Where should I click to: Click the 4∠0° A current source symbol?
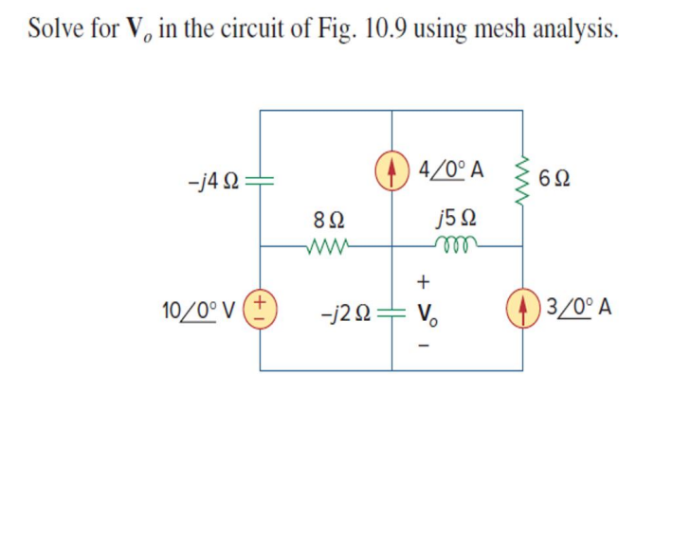tap(392, 176)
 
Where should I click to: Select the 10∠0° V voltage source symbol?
tap(261, 309)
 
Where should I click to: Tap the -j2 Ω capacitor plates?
tap(392, 309)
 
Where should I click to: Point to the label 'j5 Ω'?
tap(449, 220)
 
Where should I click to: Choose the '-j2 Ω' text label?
tap(350, 309)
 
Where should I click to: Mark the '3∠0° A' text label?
tap(577, 309)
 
